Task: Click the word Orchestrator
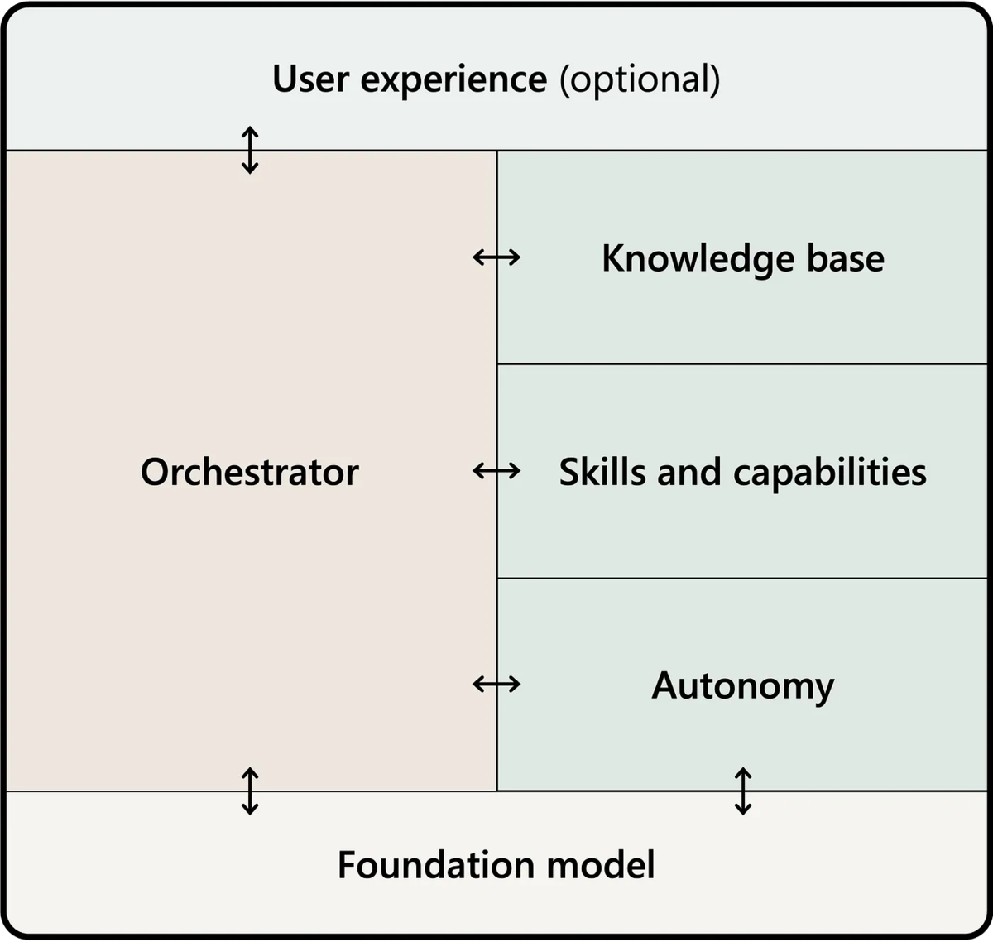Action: (x=250, y=472)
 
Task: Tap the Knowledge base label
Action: (x=743, y=259)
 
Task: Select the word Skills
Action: (x=602, y=472)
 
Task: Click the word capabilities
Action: (x=829, y=473)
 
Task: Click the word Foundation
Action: (x=436, y=864)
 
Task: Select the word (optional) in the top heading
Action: (x=640, y=79)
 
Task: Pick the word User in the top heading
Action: (x=310, y=79)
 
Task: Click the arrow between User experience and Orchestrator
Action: (x=250, y=150)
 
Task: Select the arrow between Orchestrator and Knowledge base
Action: (x=496, y=257)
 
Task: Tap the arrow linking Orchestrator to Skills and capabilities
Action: (x=496, y=471)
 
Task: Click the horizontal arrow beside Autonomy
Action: (x=496, y=685)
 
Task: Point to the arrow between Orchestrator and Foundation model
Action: (x=250, y=791)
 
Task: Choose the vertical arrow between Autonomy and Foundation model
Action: (x=743, y=791)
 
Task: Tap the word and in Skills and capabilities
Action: (x=689, y=472)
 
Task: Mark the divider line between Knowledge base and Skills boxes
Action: (x=742, y=363)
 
